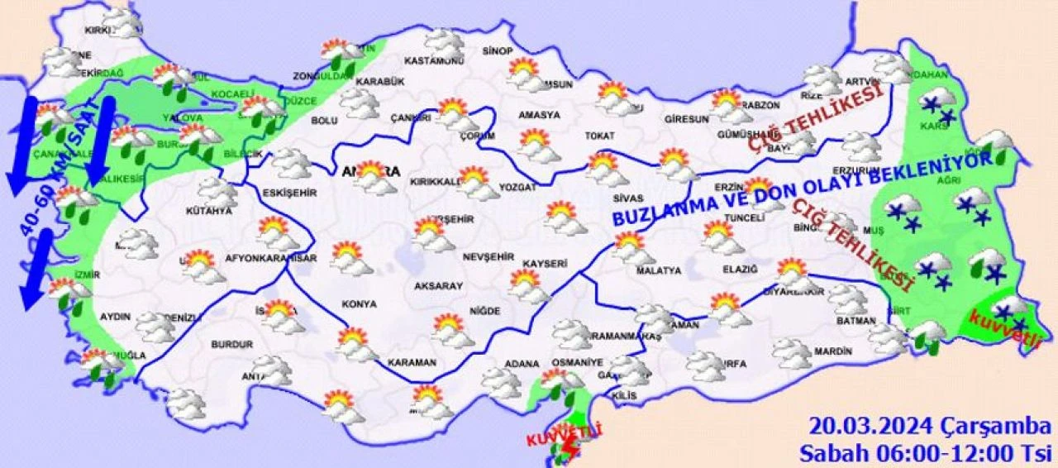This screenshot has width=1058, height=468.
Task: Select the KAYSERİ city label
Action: click(x=544, y=264)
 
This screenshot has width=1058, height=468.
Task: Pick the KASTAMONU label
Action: click(x=433, y=61)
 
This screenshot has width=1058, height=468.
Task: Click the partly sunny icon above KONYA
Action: click(x=351, y=257)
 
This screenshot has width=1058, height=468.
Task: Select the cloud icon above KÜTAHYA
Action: click(x=217, y=193)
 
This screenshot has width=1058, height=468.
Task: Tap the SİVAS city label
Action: click(x=628, y=198)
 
